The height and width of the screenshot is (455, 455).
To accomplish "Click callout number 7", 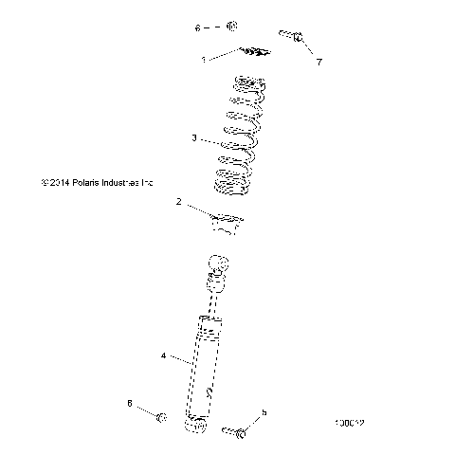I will pyautogui.click(x=318, y=62).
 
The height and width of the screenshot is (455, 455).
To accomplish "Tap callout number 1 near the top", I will pyautogui.click(x=203, y=59).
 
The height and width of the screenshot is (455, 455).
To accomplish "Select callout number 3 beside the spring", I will pyautogui.click(x=193, y=138).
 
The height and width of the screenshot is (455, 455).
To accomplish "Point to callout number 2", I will pyautogui.click(x=178, y=202).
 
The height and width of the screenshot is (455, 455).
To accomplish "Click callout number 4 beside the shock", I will pyautogui.click(x=163, y=356).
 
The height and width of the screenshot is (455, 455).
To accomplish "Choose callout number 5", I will pyautogui.click(x=264, y=412).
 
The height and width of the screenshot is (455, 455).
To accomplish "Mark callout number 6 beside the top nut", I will pyautogui.click(x=198, y=28).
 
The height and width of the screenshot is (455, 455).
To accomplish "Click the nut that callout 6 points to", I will pyautogui.click(x=234, y=27).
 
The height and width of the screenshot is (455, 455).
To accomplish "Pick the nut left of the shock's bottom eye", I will pyautogui.click(x=162, y=417).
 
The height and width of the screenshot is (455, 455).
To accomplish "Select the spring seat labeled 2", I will pyautogui.click(x=227, y=225).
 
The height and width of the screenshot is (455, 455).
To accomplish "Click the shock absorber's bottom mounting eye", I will pyautogui.click(x=197, y=426).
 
